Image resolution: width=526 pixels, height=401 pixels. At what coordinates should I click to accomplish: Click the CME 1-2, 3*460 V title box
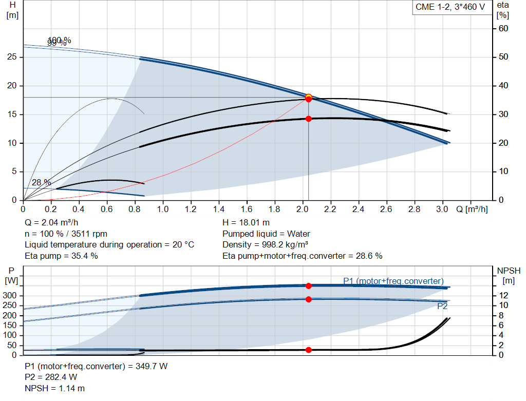pyautogui.click(x=449, y=8)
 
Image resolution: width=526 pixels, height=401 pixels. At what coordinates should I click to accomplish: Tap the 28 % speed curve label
pyautogui.click(x=41, y=182)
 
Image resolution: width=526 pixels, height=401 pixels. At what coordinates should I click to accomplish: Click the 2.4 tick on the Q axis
pyautogui.click(x=358, y=209)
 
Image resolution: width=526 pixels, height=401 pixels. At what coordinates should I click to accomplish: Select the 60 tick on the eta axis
pyautogui.click(x=503, y=28)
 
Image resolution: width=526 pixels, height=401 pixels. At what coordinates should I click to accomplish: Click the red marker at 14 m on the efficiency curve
pyautogui.click(x=309, y=119)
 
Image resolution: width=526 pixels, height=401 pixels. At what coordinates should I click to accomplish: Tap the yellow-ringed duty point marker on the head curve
pyautogui.click(x=309, y=97)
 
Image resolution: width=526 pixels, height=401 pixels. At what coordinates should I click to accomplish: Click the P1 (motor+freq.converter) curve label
pyautogui.click(x=393, y=281)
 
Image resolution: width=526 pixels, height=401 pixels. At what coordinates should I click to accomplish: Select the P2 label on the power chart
pyautogui.click(x=442, y=306)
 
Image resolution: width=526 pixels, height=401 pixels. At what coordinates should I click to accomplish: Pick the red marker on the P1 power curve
pyautogui.click(x=309, y=286)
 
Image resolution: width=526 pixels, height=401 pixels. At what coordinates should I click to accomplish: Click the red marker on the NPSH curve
pyautogui.click(x=309, y=350)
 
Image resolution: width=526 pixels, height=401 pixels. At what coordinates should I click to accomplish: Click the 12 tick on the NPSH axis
pyautogui.click(x=504, y=295)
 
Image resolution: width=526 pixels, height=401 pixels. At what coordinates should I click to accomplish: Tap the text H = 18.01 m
pyautogui.click(x=246, y=223)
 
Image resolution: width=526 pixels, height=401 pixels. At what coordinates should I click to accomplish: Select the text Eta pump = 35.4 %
pyautogui.click(x=61, y=255)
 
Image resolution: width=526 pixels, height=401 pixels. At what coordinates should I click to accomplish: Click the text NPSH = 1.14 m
pyautogui.click(x=55, y=388)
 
